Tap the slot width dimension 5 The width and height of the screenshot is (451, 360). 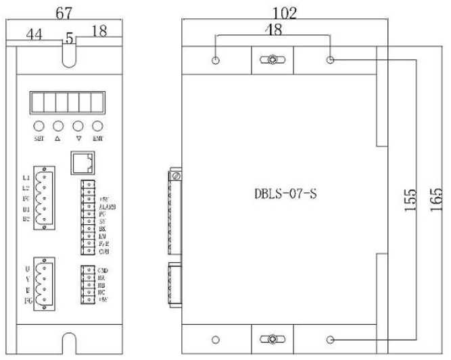click(x=70, y=39)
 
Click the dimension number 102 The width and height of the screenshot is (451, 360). click(x=285, y=13)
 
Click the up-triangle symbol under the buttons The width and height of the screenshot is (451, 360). click(x=57, y=137)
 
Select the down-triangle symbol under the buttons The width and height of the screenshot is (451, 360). click(x=79, y=137)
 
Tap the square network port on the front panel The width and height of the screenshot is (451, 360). click(x=80, y=162)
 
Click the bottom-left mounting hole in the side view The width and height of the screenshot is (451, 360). click(x=216, y=339)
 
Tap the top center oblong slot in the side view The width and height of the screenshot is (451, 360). click(x=270, y=60)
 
